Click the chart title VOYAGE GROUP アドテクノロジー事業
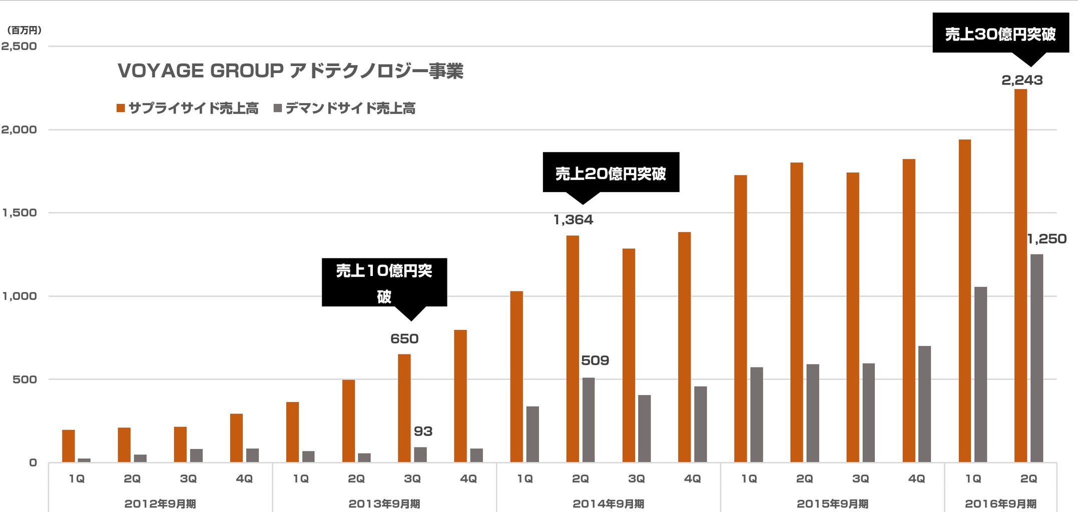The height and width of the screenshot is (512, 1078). click(290, 71)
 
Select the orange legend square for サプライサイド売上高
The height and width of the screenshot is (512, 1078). click(121, 108)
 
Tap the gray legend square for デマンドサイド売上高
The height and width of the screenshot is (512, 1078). click(278, 108)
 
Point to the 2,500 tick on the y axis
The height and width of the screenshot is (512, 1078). click(19, 46)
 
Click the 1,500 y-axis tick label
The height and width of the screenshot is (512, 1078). click(19, 213)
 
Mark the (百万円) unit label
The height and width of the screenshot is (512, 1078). click(24, 30)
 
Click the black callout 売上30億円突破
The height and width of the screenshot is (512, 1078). click(1000, 33)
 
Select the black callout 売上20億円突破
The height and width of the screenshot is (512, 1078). click(611, 173)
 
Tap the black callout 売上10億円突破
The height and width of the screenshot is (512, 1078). click(384, 282)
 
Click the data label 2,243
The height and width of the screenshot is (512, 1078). click(1021, 80)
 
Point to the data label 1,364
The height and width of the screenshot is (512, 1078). click(573, 219)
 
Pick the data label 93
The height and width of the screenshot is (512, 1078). click(423, 431)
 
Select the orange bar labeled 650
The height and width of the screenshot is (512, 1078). click(404, 407)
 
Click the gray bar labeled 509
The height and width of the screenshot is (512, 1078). click(589, 420)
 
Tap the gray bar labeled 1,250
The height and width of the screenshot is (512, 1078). click(1036, 358)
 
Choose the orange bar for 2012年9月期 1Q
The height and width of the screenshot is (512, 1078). click(69, 445)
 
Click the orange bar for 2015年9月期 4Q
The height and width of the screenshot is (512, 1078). click(909, 310)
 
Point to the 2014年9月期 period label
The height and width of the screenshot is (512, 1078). click(608, 503)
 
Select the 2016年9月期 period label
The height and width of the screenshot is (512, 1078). click(1000, 503)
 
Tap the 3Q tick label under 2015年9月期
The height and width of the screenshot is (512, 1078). click(860, 478)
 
